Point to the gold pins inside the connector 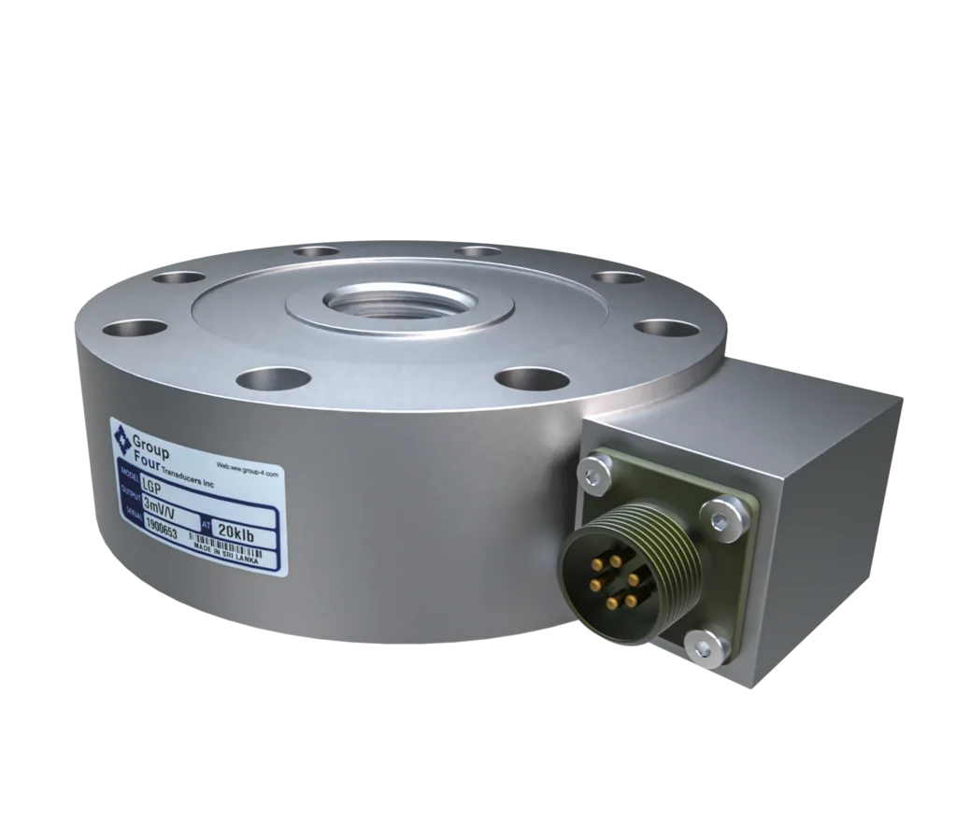(611, 581)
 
